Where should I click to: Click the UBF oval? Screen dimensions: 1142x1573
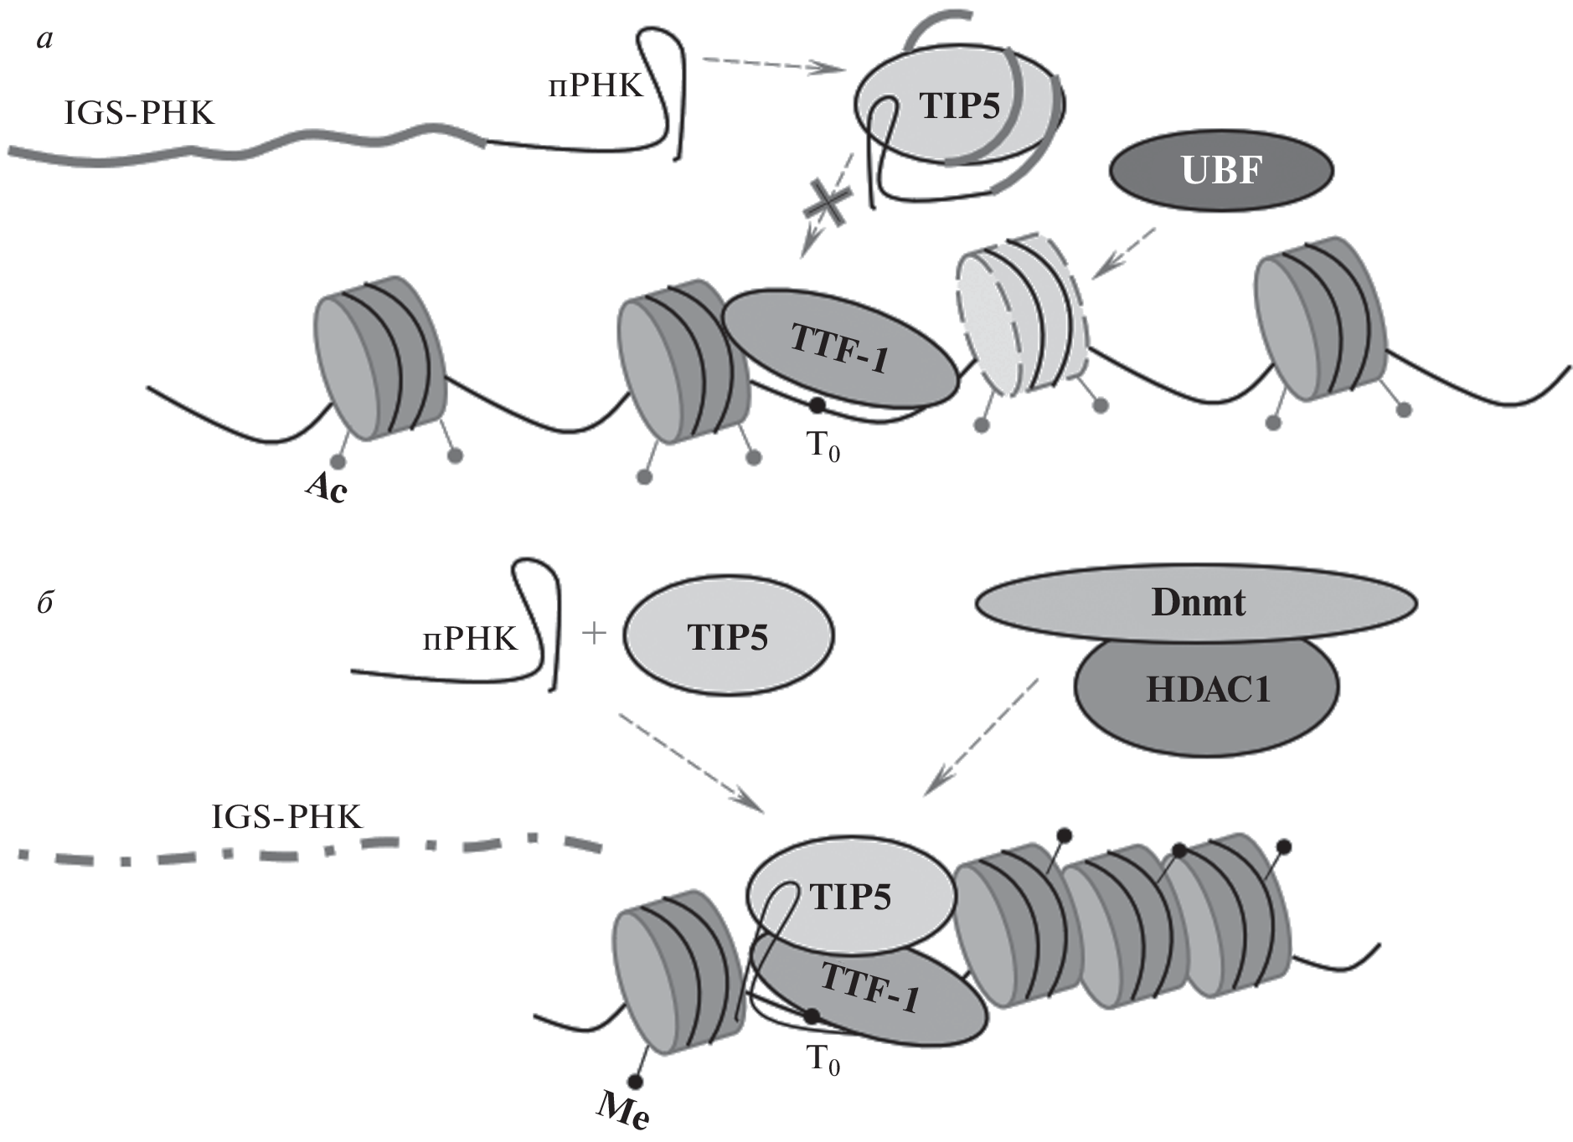1220,171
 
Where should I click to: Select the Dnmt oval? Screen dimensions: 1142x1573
1196,603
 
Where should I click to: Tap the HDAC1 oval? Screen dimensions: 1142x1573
1206,690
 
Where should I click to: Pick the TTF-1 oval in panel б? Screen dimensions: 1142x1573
871,988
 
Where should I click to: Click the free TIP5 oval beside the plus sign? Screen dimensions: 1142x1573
728,637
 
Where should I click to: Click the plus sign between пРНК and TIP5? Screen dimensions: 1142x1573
593,633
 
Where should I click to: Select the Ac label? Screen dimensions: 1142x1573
326,486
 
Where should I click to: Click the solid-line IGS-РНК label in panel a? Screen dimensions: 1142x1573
140,112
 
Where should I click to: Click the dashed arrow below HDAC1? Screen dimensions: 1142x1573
980,737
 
